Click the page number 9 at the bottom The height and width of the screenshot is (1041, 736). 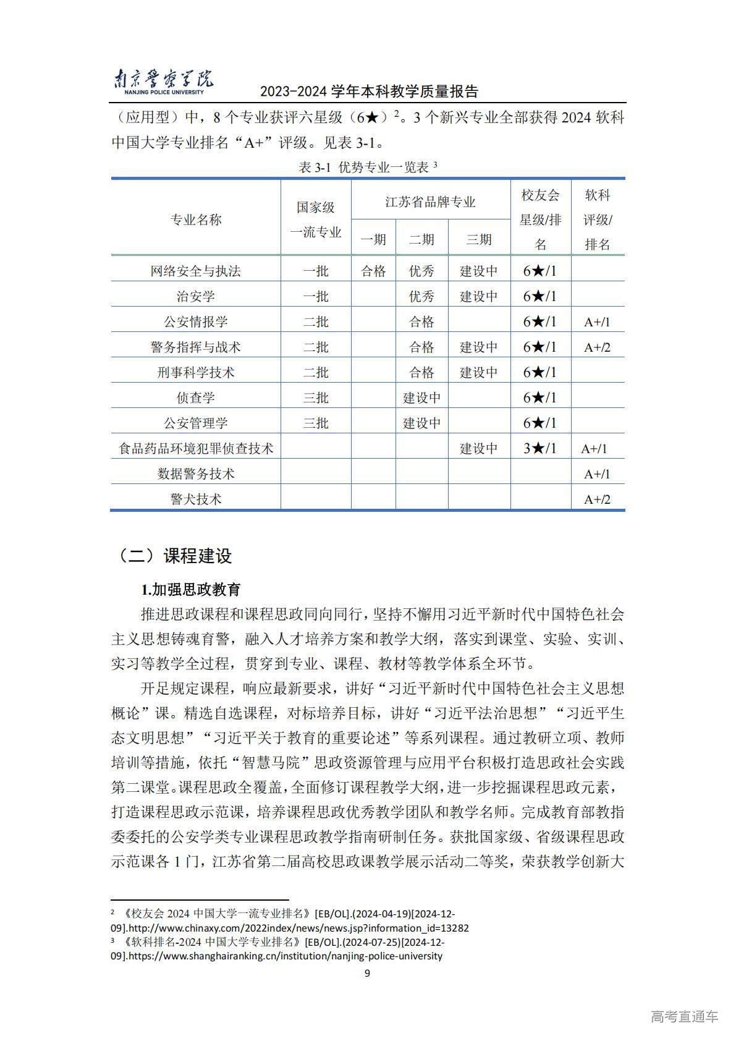(x=368, y=974)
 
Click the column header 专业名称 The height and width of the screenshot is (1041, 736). (x=196, y=219)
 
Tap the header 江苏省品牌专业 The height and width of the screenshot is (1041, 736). (x=430, y=202)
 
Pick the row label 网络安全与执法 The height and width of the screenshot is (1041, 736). (x=196, y=271)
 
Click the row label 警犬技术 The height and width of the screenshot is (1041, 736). (x=196, y=499)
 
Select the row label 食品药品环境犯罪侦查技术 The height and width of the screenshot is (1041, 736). (x=196, y=448)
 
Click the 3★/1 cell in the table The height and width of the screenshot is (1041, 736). (x=539, y=448)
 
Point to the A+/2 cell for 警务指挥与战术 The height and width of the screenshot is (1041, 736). (x=597, y=347)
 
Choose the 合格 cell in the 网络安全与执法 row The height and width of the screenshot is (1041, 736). (x=373, y=271)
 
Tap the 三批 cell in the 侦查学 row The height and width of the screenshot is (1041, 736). (x=316, y=397)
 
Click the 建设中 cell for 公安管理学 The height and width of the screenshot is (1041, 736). (x=421, y=423)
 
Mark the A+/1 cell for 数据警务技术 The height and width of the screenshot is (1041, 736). (x=597, y=474)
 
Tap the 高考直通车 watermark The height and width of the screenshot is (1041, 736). (x=684, y=1016)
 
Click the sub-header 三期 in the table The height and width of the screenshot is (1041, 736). (x=478, y=240)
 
